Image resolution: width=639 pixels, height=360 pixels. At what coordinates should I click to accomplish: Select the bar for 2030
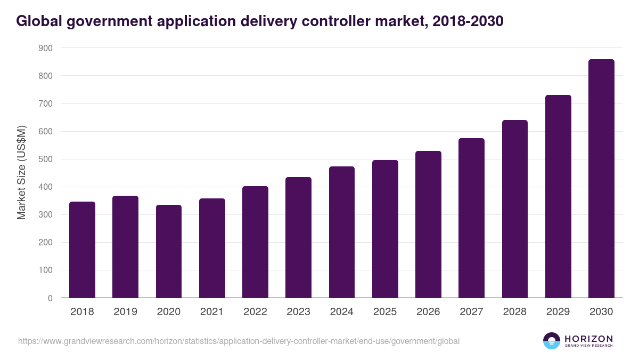click(601, 179)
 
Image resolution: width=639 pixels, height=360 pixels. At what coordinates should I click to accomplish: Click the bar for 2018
click(82, 250)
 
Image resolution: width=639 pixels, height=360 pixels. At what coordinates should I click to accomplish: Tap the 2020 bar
click(169, 251)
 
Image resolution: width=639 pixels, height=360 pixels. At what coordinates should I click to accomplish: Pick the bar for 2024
click(342, 232)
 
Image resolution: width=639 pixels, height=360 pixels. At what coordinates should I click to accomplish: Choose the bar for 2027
click(472, 218)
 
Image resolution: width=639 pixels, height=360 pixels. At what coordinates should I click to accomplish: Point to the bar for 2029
click(558, 196)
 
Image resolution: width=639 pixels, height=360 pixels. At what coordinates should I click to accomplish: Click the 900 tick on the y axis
click(45, 48)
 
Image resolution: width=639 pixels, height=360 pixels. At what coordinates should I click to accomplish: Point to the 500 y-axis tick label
click(45, 159)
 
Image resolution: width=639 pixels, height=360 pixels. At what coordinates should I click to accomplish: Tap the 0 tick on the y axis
click(50, 298)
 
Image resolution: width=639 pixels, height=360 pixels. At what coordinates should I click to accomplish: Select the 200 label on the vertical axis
click(45, 243)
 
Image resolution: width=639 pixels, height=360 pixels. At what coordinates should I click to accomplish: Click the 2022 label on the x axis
click(255, 312)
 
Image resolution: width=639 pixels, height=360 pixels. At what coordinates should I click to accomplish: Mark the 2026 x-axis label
click(428, 312)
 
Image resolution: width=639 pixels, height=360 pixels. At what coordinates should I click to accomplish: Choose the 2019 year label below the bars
click(125, 312)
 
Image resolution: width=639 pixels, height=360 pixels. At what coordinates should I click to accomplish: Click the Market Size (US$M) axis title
click(21, 172)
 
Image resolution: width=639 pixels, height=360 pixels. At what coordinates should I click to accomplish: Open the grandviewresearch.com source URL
click(239, 341)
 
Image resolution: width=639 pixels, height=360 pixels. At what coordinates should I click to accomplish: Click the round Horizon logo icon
click(552, 341)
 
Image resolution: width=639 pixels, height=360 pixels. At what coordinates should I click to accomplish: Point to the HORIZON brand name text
click(588, 338)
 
